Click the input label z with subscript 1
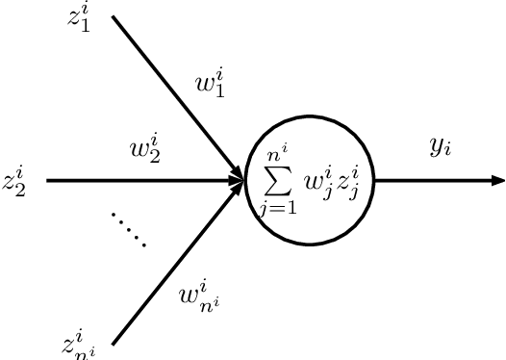point(80,18)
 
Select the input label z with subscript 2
point(14,181)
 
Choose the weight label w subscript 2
point(145,150)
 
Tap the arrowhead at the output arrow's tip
point(497,180)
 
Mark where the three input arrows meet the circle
point(242,180)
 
